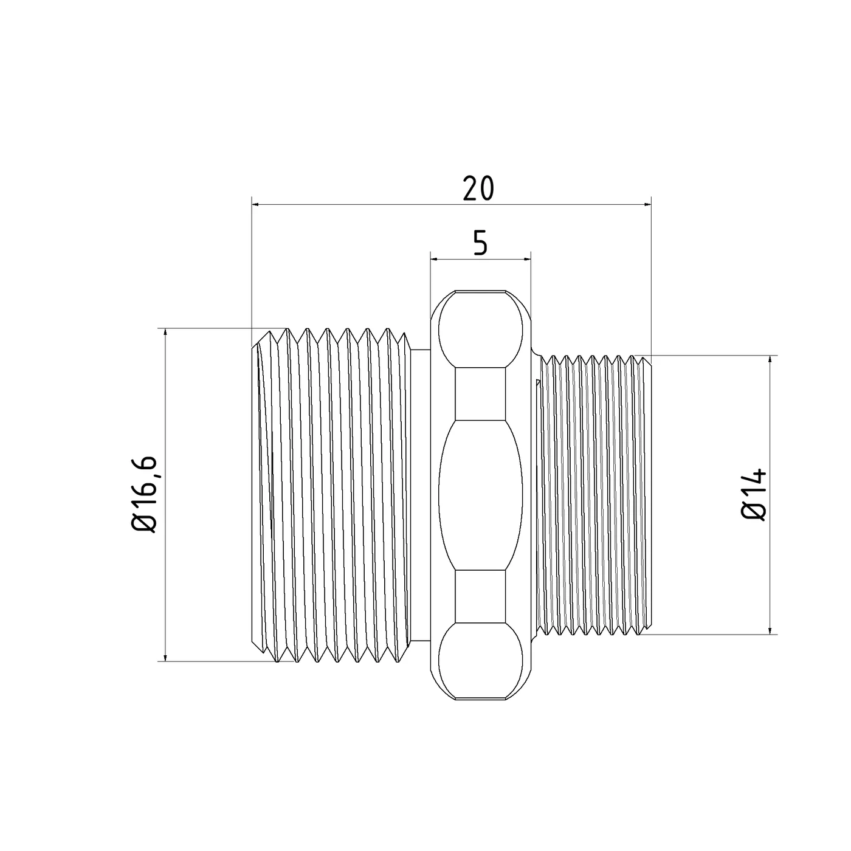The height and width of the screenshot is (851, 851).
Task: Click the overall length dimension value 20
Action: click(x=478, y=188)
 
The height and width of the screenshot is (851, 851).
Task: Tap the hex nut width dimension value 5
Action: click(x=480, y=243)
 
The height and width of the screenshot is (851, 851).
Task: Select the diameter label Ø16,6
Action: click(x=145, y=494)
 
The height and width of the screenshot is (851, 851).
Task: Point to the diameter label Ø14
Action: click(x=754, y=495)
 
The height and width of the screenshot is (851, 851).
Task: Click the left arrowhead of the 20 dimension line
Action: click(x=255, y=204)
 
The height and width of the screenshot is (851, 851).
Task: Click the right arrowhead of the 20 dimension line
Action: click(x=647, y=204)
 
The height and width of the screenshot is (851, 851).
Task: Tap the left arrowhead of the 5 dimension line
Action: click(x=434, y=259)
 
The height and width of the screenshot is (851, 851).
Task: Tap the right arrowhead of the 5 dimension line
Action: click(x=527, y=259)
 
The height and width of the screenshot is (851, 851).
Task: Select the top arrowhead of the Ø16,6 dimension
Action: click(x=165, y=332)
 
